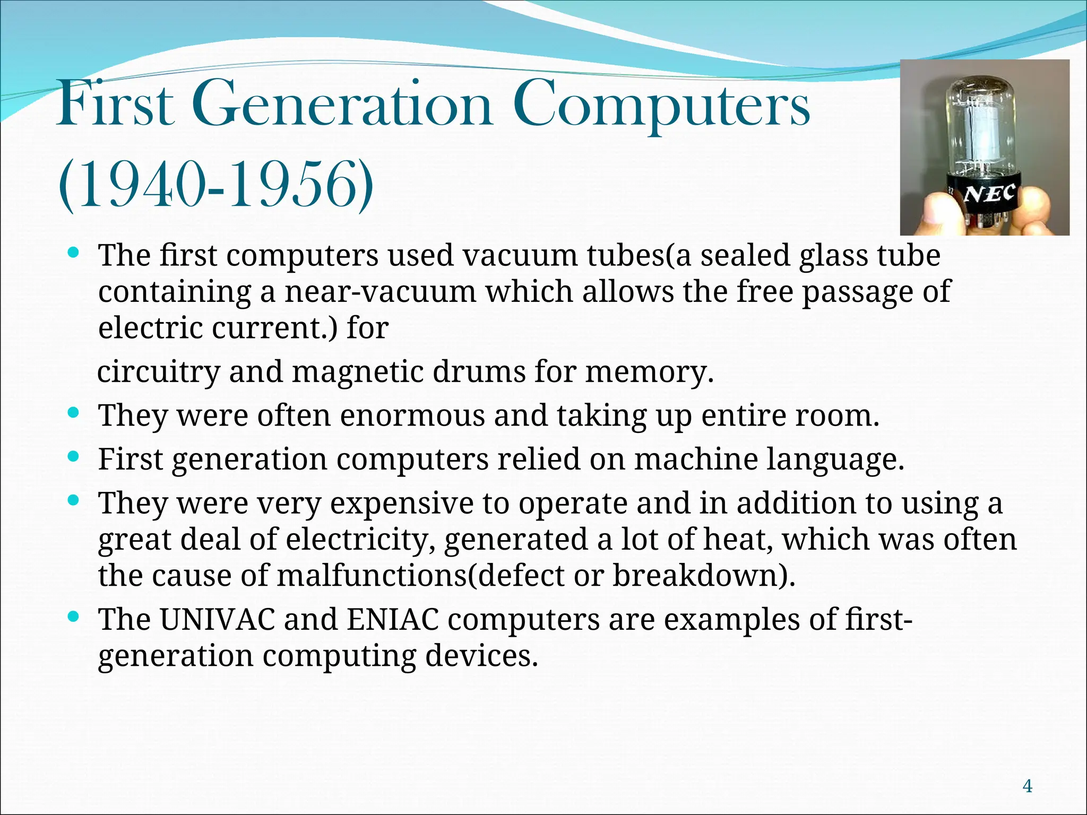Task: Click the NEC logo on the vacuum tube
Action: click(x=990, y=194)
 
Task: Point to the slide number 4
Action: click(x=1028, y=786)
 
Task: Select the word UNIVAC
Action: click(x=217, y=619)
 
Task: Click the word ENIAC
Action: click(x=393, y=619)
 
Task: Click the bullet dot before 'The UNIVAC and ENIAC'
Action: click(x=74, y=617)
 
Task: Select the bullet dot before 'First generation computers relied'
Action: click(x=74, y=456)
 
